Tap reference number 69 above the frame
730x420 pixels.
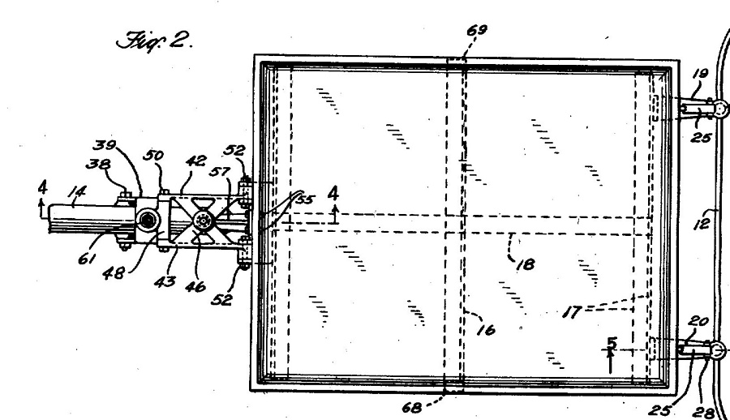[477, 30]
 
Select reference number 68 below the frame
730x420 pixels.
[412, 408]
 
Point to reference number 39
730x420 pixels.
[105, 145]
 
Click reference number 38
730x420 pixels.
[98, 164]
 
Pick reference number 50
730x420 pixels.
[153, 155]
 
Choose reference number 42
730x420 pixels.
[195, 161]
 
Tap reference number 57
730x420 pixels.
[219, 172]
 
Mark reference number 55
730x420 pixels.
[305, 199]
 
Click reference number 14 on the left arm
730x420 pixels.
[77, 191]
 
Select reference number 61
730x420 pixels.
[87, 258]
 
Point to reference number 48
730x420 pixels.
[114, 272]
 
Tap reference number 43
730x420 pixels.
[165, 281]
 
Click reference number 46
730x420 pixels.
[195, 286]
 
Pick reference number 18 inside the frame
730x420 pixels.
[526, 264]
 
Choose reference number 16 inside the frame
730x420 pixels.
[486, 330]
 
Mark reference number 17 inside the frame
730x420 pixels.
[572, 311]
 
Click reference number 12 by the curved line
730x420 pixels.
[702, 224]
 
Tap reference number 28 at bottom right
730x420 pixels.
[703, 412]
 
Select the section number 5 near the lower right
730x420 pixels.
[612, 343]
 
